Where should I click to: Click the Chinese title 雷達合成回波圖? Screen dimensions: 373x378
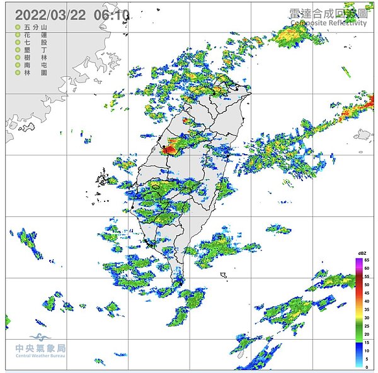tap(328, 13)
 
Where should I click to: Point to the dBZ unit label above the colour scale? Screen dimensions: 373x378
tap(362, 253)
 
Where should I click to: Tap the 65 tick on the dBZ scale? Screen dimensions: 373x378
tap(367, 260)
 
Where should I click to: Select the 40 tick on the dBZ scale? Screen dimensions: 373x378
tap(367, 301)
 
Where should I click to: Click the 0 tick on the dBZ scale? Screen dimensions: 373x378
tap(367, 367)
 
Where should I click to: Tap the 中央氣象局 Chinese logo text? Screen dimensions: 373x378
tap(40, 348)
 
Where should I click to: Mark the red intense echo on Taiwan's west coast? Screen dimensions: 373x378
tap(169, 148)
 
